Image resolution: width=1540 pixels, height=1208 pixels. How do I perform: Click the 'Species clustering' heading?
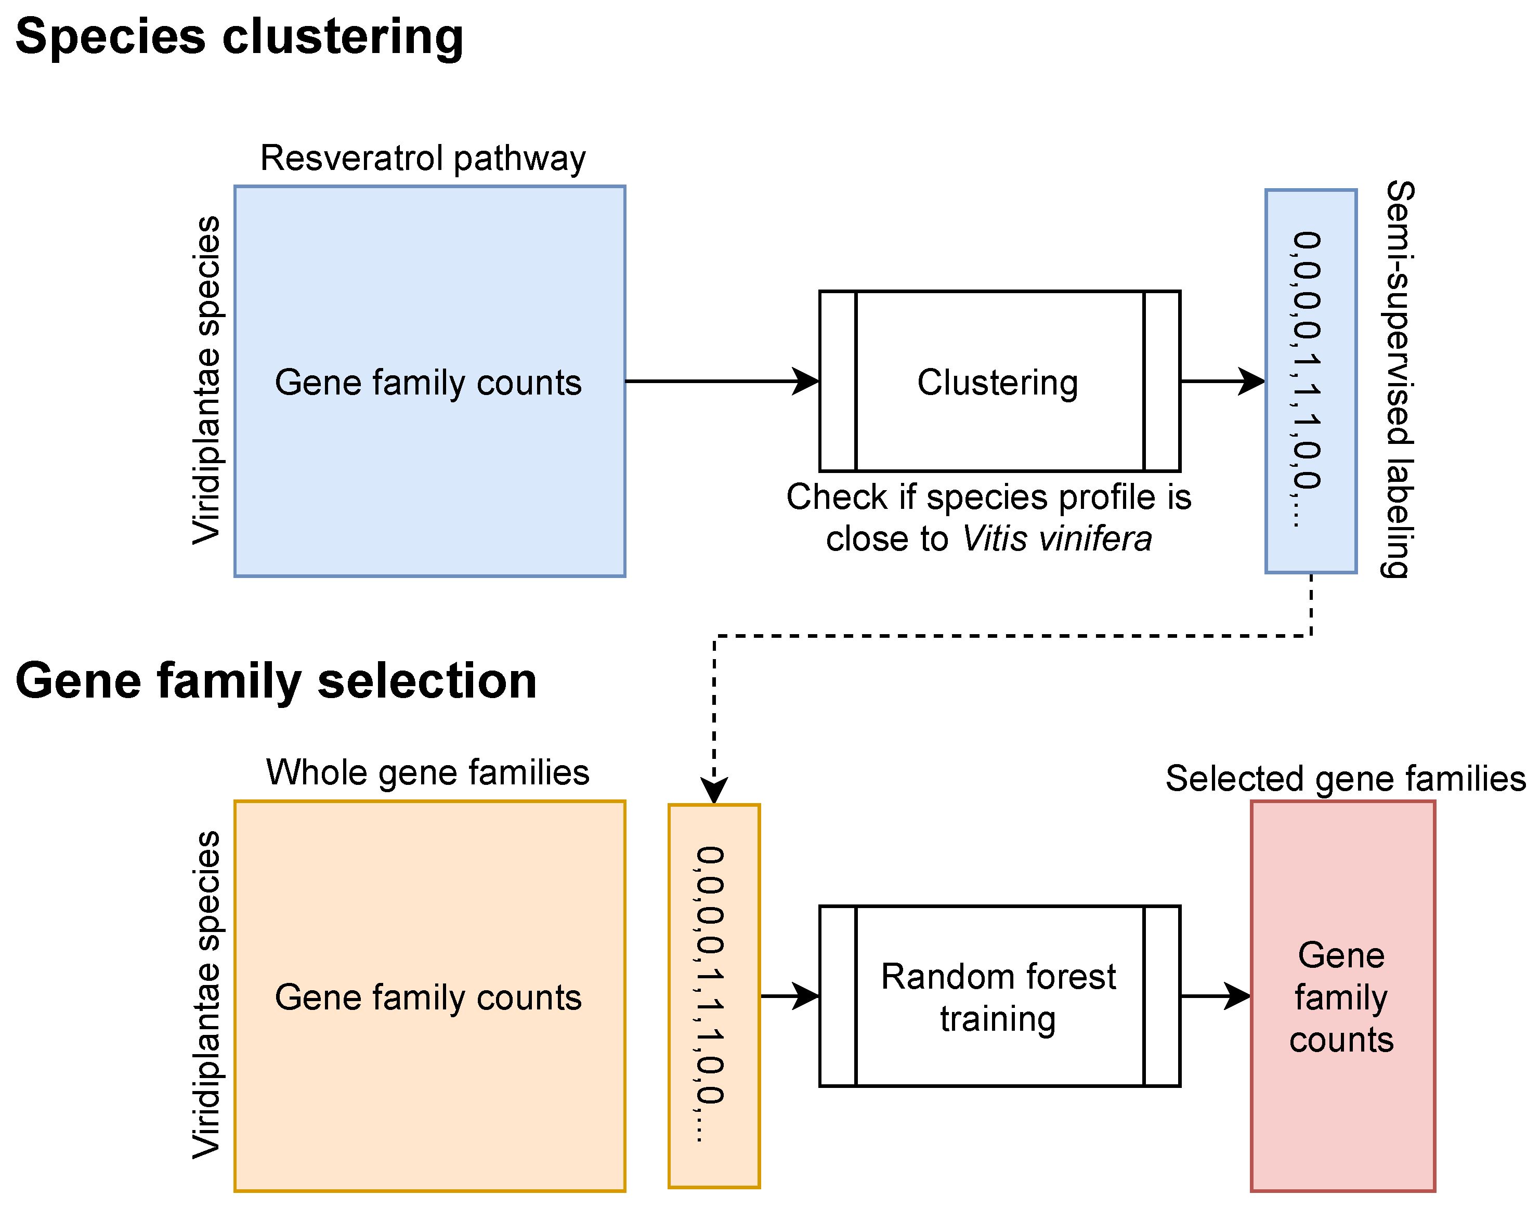coord(239,37)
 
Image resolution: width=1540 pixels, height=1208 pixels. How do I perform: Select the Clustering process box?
coord(1000,381)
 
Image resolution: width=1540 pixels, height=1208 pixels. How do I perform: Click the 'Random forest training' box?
coord(1000,996)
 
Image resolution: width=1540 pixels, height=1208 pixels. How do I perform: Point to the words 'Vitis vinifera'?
coord(1057,539)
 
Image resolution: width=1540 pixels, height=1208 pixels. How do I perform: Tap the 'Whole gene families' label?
coord(428,772)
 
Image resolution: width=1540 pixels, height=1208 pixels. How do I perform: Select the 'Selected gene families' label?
coord(1346,779)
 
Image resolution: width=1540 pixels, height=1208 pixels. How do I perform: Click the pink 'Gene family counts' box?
coord(1342,996)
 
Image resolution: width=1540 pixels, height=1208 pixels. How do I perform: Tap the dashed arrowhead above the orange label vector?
coord(714,791)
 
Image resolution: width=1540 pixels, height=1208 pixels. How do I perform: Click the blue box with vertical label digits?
coord(1311,381)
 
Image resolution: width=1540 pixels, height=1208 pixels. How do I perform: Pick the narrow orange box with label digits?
coord(714,996)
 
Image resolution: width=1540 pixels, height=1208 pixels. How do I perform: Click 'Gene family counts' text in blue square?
coord(428,383)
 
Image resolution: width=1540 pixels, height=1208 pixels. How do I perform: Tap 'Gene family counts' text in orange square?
coord(428,998)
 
